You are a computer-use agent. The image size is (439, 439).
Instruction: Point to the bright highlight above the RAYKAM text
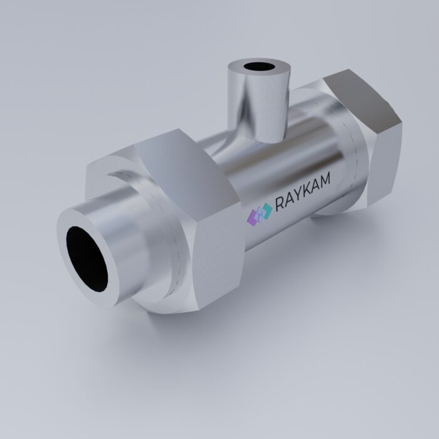coord(288,160)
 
